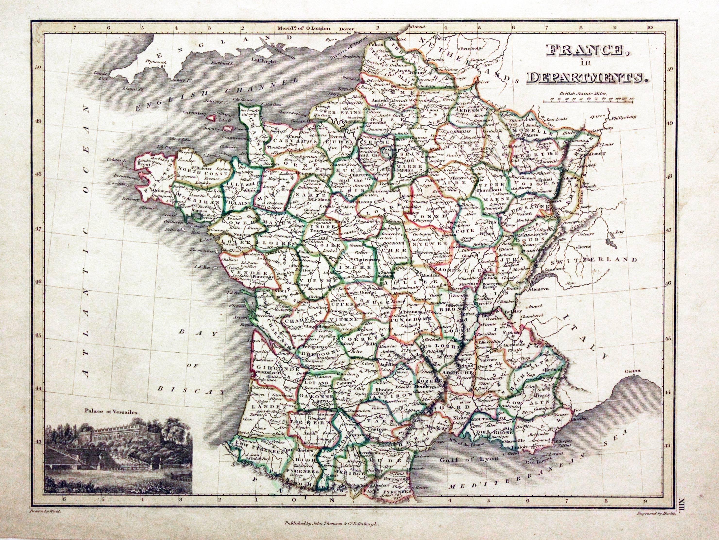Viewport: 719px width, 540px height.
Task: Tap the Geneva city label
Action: click(540, 288)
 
